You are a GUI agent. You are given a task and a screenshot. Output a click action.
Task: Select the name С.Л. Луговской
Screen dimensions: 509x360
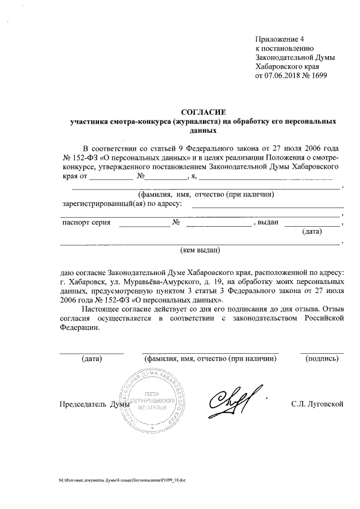317,404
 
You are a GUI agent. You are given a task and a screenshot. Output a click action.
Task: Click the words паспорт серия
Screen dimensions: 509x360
85,223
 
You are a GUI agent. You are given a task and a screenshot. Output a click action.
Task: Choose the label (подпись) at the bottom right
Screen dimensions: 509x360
322,358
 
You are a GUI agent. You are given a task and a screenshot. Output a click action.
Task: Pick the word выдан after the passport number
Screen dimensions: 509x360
268,223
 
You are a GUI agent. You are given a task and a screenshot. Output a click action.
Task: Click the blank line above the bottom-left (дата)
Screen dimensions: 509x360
91,352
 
